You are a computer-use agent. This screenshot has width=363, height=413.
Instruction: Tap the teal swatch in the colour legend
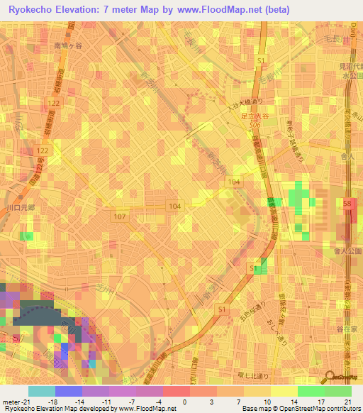click(41, 392)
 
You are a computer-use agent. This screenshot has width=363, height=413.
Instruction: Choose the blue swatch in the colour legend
click(69, 392)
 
